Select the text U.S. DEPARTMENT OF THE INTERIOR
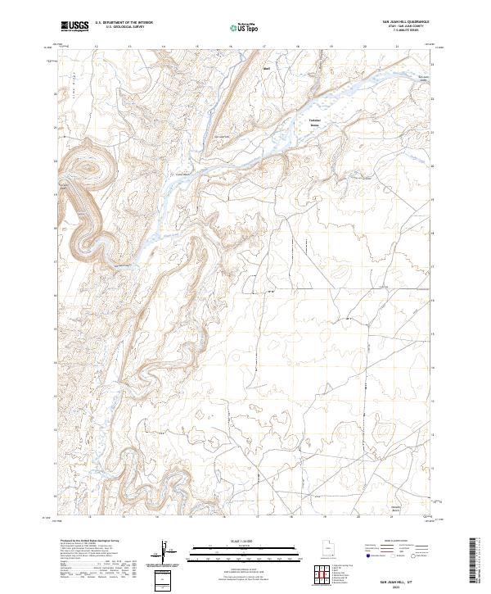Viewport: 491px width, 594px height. (x=123, y=24)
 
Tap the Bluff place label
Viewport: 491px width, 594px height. (x=265, y=80)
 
